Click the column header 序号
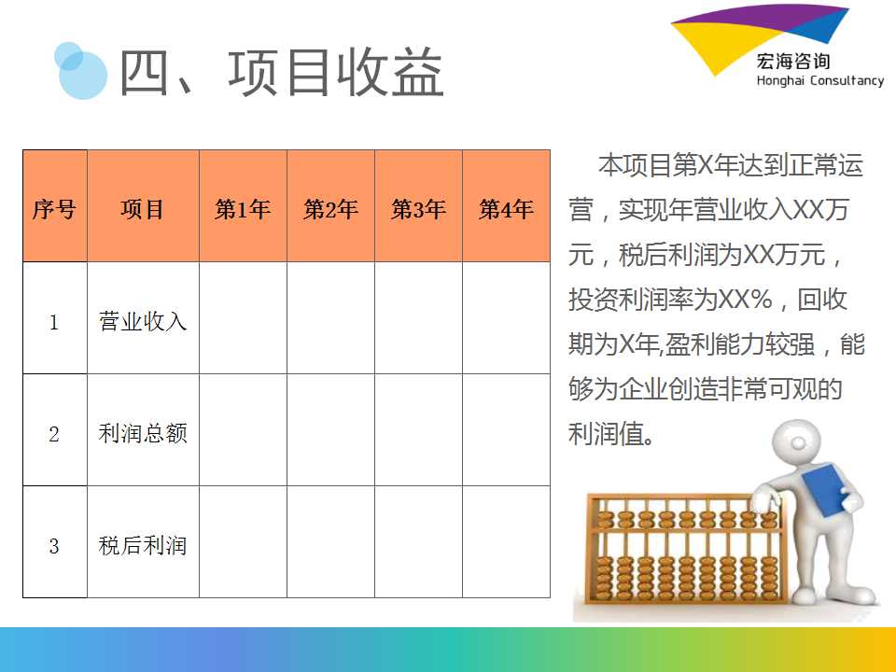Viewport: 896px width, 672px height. [x=54, y=209]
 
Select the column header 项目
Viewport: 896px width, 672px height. [x=142, y=209]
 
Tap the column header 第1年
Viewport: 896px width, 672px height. [x=243, y=209]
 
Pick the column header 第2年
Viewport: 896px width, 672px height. [x=330, y=209]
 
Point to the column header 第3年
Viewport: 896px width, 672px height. [x=418, y=209]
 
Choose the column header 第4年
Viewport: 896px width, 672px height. [x=506, y=209]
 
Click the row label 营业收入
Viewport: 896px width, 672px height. [x=142, y=321]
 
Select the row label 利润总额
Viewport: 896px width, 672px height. [x=142, y=433]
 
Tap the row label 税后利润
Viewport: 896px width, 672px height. [x=142, y=545]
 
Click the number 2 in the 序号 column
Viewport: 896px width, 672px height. [x=54, y=434]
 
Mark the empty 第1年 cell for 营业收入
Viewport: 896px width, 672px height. [x=243, y=317]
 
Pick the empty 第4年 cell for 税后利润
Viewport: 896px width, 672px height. [x=506, y=541]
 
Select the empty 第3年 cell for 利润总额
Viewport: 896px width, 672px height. [x=418, y=429]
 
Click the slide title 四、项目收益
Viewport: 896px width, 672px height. [x=281, y=72]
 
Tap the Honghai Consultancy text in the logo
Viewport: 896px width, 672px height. [x=820, y=80]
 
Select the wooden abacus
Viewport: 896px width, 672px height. [x=686, y=549]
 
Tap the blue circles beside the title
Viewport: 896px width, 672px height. [x=80, y=70]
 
